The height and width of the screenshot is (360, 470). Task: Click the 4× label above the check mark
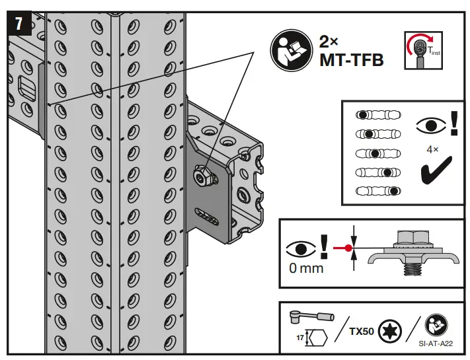(x=432, y=149)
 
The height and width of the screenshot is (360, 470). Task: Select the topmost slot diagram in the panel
(x=378, y=114)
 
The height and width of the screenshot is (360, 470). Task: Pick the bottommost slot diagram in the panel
(x=378, y=192)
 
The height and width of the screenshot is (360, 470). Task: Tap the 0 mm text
(x=307, y=268)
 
